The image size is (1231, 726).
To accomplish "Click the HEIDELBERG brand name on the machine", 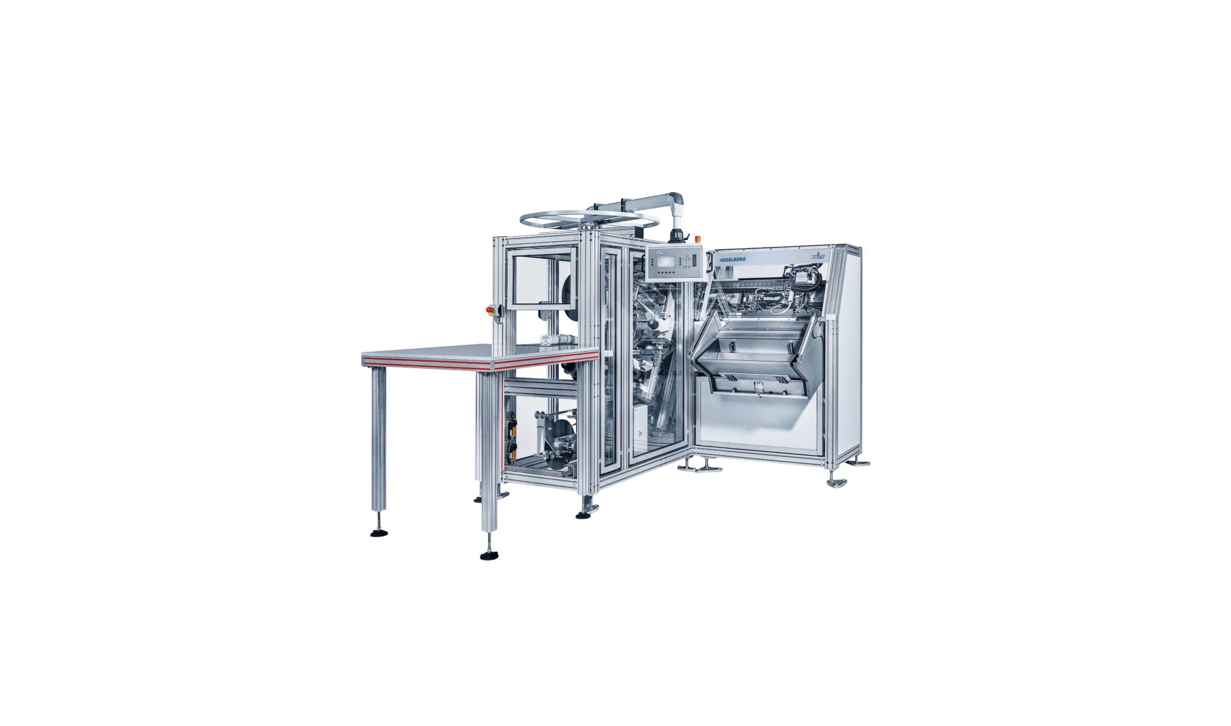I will [732, 260].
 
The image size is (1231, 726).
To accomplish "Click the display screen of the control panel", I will [666, 260].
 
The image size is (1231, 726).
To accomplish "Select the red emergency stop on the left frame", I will [491, 309].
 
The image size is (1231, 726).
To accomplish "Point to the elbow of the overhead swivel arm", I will [678, 200].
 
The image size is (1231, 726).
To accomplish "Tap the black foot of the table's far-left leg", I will [379, 532].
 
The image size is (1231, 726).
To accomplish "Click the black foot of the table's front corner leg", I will [489, 556].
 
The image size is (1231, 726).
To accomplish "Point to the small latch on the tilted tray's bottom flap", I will [759, 387].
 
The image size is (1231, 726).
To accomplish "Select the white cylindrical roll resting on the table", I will [127, 339].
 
